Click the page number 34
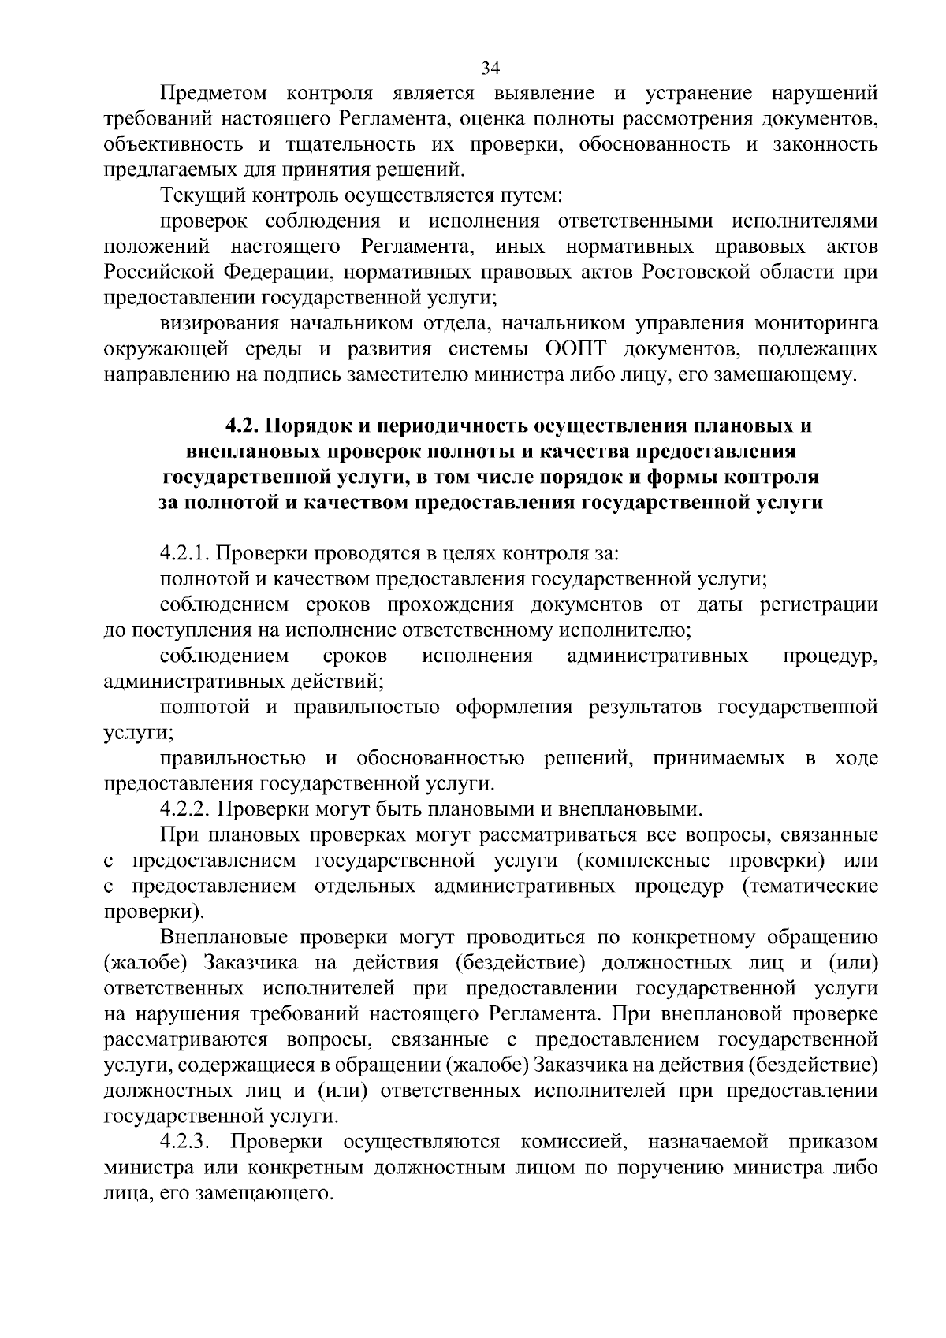[x=490, y=69]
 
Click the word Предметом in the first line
[x=214, y=94]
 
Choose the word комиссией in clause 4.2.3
[x=567, y=1142]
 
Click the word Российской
[x=159, y=273]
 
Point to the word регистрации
[x=818, y=605]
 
